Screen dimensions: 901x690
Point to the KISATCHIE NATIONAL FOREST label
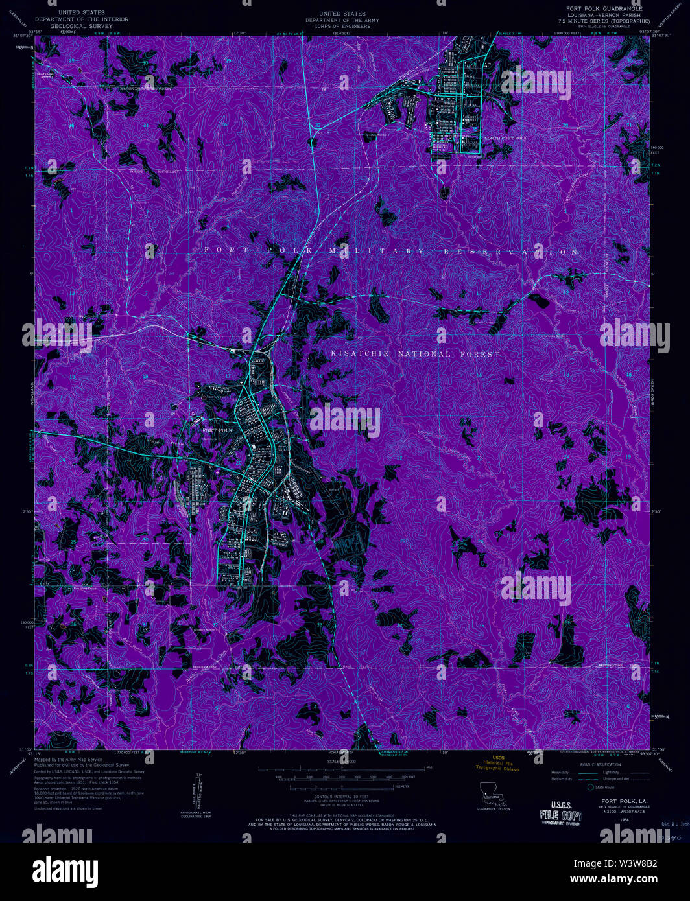416,355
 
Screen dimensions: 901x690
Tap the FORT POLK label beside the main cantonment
217,430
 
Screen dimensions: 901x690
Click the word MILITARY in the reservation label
377,251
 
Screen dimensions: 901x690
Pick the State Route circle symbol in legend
590,787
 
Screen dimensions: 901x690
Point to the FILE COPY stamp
560,815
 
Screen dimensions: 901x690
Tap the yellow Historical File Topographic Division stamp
497,764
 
